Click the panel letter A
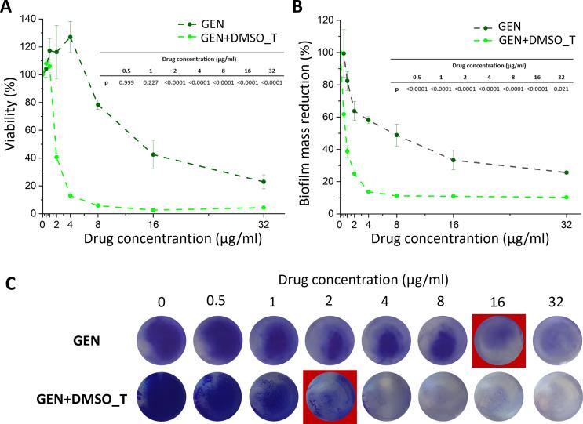click(8, 9)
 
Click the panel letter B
click(300, 9)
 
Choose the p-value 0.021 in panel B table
click(559, 89)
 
